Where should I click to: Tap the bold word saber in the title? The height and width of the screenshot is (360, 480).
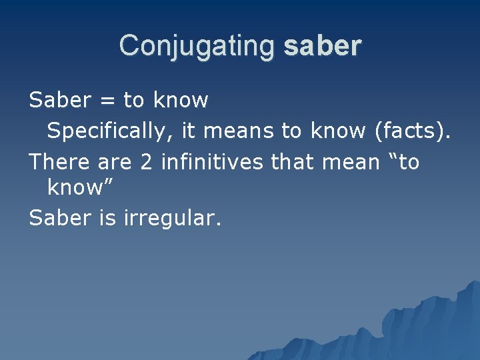[322, 46]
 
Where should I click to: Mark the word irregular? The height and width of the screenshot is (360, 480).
[172, 218]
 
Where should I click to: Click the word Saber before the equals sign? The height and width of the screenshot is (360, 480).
[60, 101]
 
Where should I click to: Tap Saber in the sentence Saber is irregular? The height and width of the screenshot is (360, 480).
[60, 218]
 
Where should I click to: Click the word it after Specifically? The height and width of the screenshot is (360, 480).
[188, 131]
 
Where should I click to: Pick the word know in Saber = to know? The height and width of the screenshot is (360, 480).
[181, 101]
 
